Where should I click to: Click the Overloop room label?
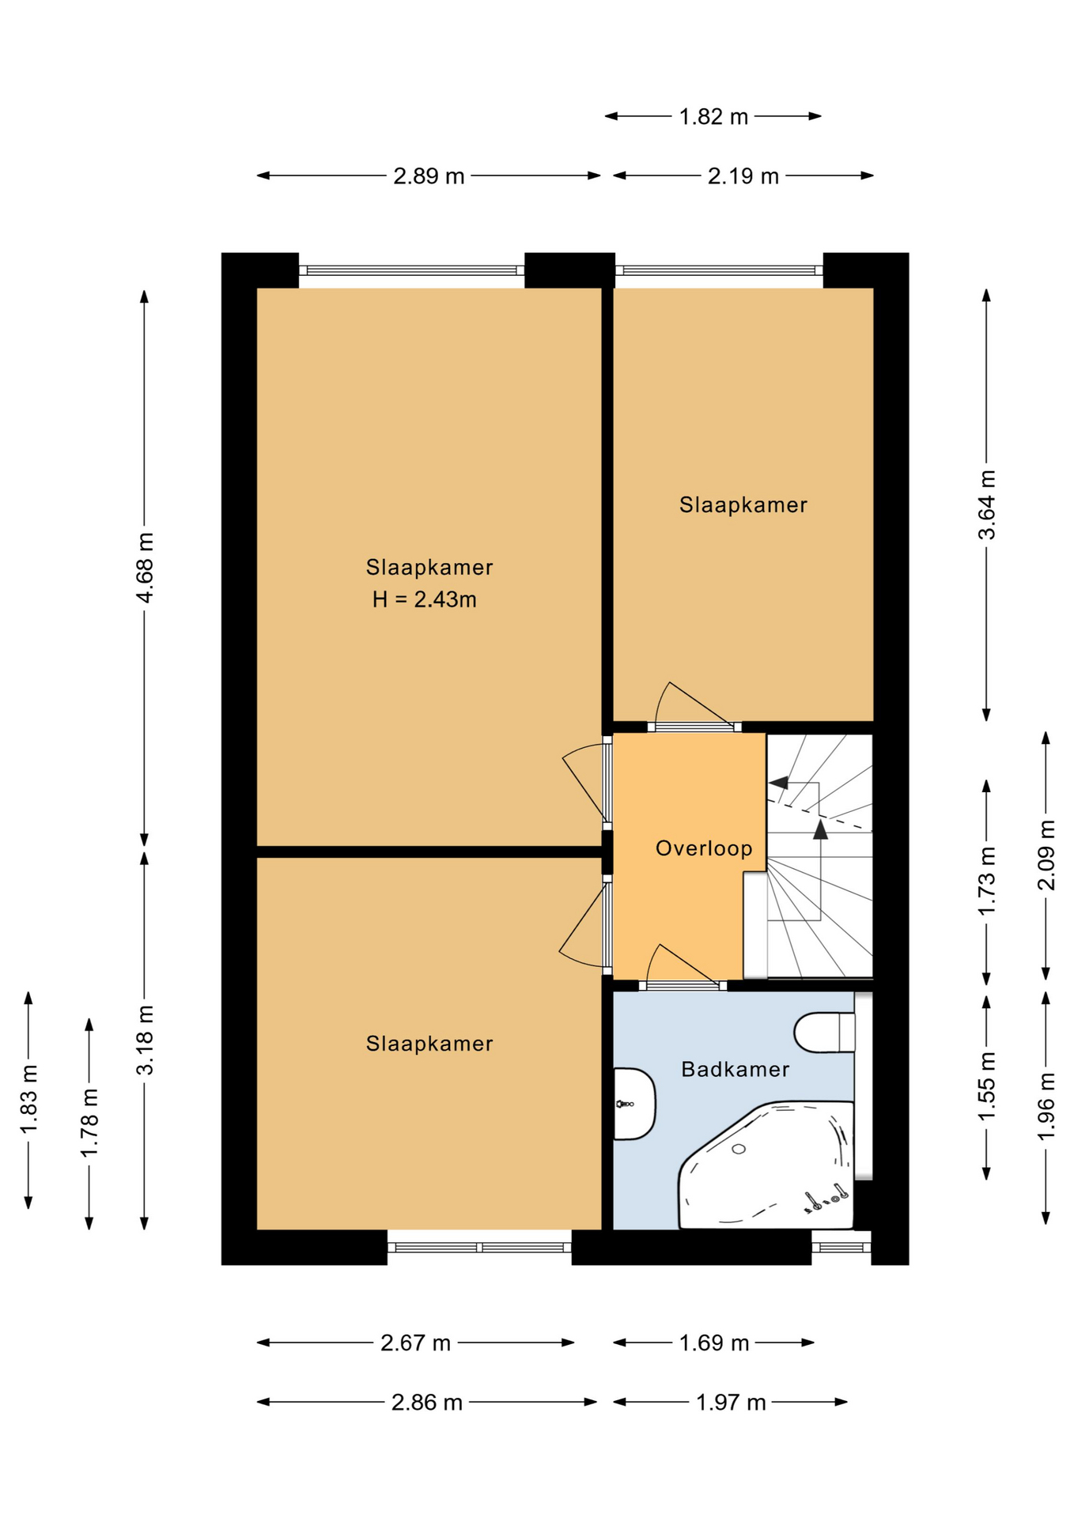coord(704,848)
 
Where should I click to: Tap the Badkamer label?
coord(736,1070)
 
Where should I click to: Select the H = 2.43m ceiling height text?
coord(425,599)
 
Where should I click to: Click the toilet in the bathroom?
coord(825,1033)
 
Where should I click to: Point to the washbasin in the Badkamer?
coord(634,1104)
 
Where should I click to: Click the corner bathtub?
coord(766,1165)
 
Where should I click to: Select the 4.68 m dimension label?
coord(146,568)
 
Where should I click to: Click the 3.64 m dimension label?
coord(987,504)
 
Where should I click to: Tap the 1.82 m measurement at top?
coord(713,116)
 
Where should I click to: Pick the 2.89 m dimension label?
coord(429,176)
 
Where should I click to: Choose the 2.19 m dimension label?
coord(743,176)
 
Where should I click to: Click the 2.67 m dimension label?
coord(415,1342)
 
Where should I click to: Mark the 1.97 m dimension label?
coord(731,1403)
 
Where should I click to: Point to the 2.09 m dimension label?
coord(1046,855)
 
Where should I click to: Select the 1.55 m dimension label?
coord(987,1086)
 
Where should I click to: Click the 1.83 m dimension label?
coord(29,1100)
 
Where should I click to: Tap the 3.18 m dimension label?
coord(146,1040)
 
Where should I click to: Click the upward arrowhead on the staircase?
coord(820,829)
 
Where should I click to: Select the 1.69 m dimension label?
coord(714,1342)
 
